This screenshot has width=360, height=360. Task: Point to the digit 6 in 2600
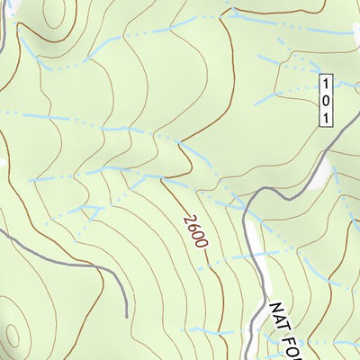pyautogui.click(x=191, y=227)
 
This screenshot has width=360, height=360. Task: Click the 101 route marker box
pyautogui.click(x=326, y=99)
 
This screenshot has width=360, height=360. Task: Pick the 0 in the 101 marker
pyautogui.click(x=326, y=99)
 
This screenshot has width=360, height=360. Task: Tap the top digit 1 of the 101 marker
pyautogui.click(x=326, y=84)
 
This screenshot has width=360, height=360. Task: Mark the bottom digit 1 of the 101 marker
pyautogui.click(x=326, y=114)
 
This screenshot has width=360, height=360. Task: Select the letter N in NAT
pyautogui.click(x=274, y=310)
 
